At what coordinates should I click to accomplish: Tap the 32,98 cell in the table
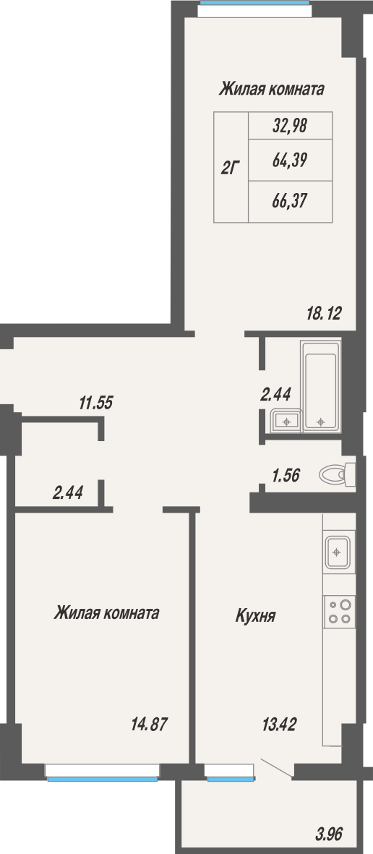[x=290, y=126]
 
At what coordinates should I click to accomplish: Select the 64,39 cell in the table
[x=290, y=160]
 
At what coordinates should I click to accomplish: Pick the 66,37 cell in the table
[x=290, y=201]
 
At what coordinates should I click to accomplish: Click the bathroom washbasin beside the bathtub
[x=286, y=420]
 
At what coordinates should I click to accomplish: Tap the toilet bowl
[x=337, y=474]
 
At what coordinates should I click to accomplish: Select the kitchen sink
[x=338, y=552]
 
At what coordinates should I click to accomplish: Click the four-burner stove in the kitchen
[x=339, y=611]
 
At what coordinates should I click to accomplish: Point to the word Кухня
[x=255, y=616]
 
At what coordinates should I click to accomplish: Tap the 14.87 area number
[x=149, y=724]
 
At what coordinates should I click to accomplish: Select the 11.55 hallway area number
[x=95, y=403]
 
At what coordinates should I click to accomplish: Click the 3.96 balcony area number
[x=329, y=833]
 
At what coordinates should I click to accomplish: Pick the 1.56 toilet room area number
[x=286, y=476]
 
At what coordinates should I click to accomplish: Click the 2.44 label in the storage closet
[x=67, y=493]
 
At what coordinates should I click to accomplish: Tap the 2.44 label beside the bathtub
[x=275, y=393]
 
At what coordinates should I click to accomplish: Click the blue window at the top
[x=255, y=3]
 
